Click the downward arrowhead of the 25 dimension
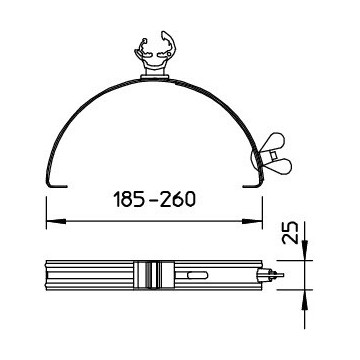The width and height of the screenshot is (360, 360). point(303,256)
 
